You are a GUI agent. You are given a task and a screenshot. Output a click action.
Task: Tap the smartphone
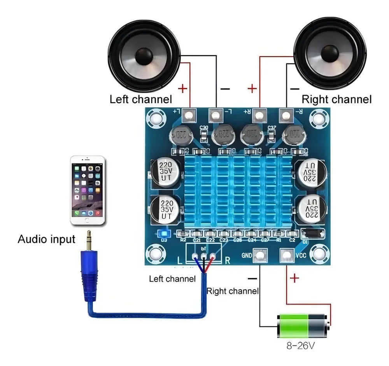click(88, 190)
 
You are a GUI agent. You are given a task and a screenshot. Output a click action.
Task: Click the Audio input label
click(46, 239)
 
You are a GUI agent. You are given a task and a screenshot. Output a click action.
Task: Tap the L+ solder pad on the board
click(189, 115)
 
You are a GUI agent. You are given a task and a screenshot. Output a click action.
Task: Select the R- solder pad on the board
click(286, 115)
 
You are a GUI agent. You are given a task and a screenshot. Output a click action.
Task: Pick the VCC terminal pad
click(287, 255)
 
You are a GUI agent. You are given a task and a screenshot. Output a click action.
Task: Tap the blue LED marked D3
click(163, 234)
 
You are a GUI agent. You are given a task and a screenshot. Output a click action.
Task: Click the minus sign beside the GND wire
click(252, 278)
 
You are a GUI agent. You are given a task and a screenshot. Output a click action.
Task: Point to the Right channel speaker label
click(336, 99)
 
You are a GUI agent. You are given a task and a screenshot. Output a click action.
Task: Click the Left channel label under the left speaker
click(141, 99)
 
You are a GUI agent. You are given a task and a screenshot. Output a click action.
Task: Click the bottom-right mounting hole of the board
click(320, 254)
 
